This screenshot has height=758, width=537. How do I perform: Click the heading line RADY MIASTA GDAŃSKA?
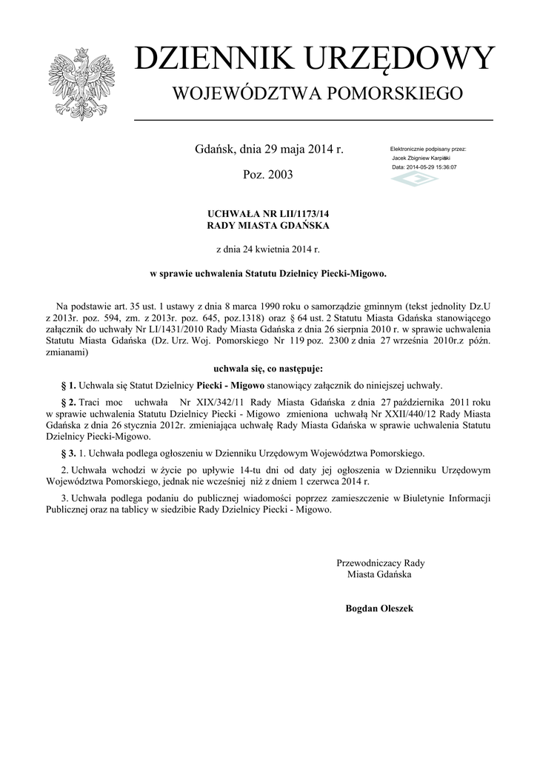pos(268,225)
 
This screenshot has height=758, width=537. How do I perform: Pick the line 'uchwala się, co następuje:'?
pos(268,367)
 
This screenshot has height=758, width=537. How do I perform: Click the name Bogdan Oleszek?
pos(379,608)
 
